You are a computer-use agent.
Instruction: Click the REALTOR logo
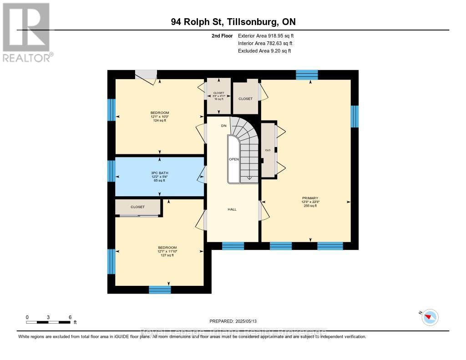click(x=26, y=32)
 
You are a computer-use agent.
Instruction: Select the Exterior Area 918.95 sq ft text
click(x=269, y=35)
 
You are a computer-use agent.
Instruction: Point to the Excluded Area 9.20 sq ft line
click(x=264, y=51)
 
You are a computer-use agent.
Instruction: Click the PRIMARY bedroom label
click(x=310, y=198)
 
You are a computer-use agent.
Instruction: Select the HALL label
click(x=233, y=209)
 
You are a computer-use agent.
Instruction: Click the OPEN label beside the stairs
click(x=234, y=159)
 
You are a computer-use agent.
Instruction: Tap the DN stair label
click(x=223, y=126)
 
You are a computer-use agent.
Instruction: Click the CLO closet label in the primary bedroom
click(x=268, y=150)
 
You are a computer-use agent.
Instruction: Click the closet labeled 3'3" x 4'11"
click(x=219, y=96)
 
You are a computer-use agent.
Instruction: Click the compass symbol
click(x=430, y=317)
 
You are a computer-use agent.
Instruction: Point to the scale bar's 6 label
click(x=70, y=317)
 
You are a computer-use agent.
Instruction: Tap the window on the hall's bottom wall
click(x=233, y=246)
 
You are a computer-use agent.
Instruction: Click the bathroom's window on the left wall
click(x=111, y=171)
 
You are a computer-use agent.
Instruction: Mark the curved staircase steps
click(x=246, y=137)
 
